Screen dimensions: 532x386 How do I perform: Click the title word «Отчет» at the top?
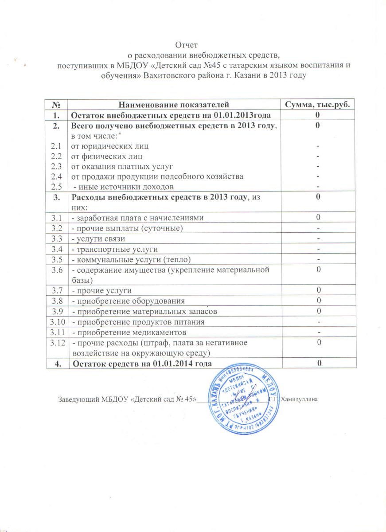(x=186, y=45)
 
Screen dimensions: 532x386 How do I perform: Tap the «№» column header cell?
(x=57, y=105)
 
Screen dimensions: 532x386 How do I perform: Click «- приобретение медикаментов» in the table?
(x=129, y=332)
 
